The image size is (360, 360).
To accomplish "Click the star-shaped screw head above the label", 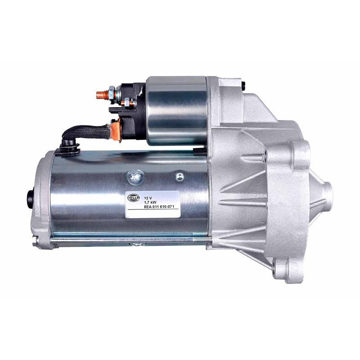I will (133, 175).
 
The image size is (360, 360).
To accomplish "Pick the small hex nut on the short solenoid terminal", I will (127, 104).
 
